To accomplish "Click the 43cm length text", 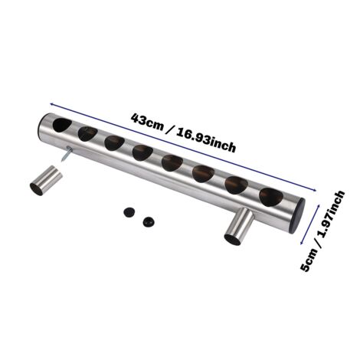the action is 147,122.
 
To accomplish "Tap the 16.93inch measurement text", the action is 206,141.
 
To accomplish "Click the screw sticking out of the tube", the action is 66,154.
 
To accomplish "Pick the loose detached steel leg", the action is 46,181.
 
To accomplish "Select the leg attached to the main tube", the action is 239,227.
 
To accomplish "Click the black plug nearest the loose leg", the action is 129,212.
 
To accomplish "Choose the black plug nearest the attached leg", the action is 149,221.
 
